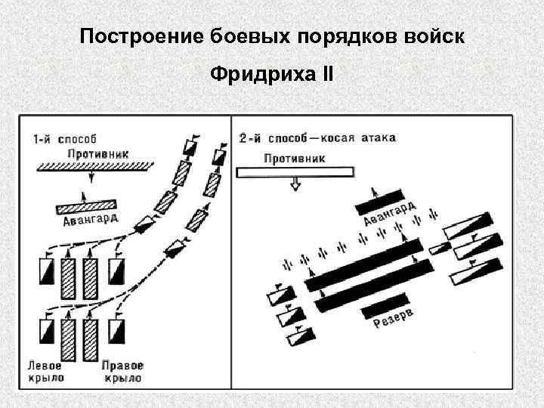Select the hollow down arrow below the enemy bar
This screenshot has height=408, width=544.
point(296,185)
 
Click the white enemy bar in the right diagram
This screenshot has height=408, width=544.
point(295,172)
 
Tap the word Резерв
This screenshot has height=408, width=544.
point(393,322)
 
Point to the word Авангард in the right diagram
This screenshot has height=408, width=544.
point(389,213)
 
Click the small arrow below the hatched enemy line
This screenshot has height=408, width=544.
point(92,178)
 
